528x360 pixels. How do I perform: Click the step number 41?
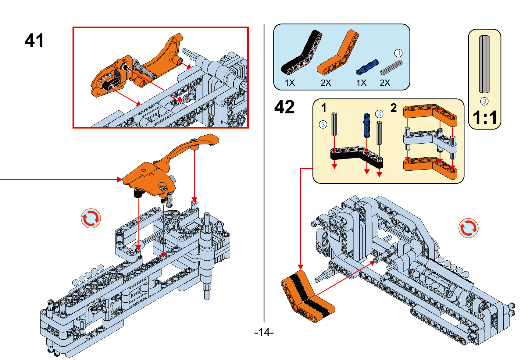pyautogui.click(x=34, y=41)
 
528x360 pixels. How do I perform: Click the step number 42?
pyautogui.click(x=284, y=107)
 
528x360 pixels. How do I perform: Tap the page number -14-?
pyautogui.click(x=264, y=332)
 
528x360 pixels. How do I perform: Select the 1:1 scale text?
pyautogui.click(x=485, y=118)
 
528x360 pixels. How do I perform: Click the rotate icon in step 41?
pyautogui.click(x=91, y=218)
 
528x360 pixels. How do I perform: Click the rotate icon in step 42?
pyautogui.click(x=468, y=228)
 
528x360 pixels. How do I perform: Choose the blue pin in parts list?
pyautogui.click(x=367, y=67)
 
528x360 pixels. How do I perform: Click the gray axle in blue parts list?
pyautogui.click(x=391, y=67)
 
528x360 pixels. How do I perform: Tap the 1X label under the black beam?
pyautogui.click(x=290, y=83)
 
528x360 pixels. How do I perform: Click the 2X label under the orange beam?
pyautogui.click(x=326, y=83)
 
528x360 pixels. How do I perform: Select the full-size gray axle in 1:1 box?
pyautogui.click(x=484, y=64)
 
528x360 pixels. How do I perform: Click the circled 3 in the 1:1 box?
pyautogui.click(x=484, y=101)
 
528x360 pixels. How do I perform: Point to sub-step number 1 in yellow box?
pyautogui.click(x=324, y=108)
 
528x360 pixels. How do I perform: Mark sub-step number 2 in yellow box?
pyautogui.click(x=394, y=108)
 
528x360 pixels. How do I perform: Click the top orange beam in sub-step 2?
pyautogui.click(x=430, y=112)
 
